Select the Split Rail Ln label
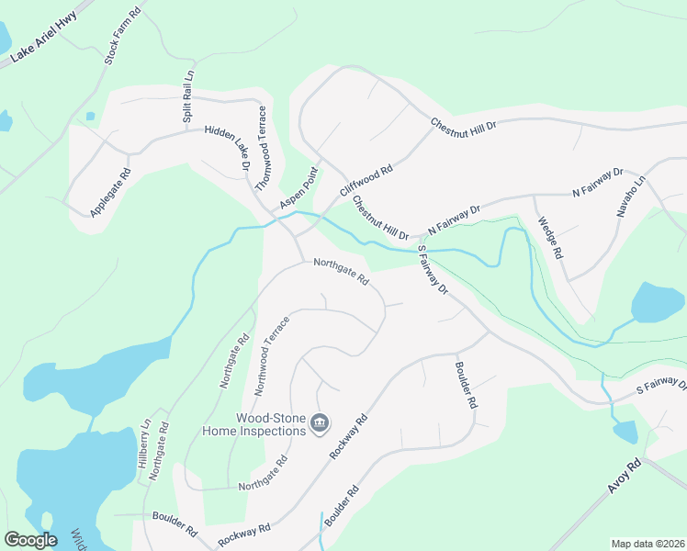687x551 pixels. coord(187,102)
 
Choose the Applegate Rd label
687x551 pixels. coord(110,193)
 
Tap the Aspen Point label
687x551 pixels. coord(298,188)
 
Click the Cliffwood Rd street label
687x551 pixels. coord(366,180)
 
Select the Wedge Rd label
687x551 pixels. coord(551,235)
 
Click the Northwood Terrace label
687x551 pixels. coord(272,355)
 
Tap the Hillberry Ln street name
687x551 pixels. coord(144,444)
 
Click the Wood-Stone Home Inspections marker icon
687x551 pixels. coord(319,423)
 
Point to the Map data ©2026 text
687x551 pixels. coord(648,544)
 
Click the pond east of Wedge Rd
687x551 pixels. coord(658,302)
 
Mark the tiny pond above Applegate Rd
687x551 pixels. coord(90,117)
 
